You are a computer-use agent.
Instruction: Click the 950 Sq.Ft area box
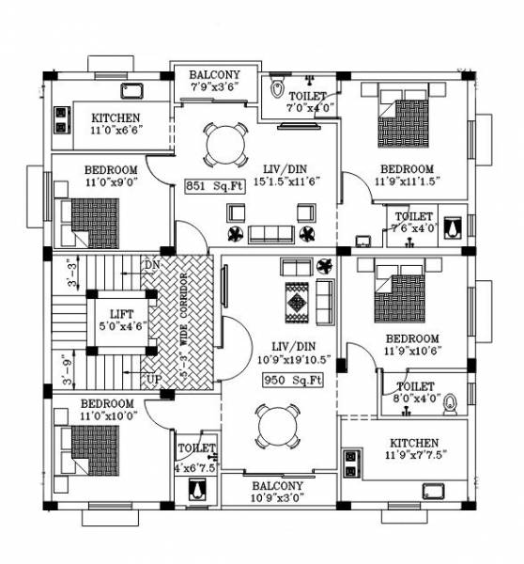[292, 381]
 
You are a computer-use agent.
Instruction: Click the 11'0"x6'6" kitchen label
[116, 124]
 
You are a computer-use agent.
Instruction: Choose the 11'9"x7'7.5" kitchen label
[413, 448]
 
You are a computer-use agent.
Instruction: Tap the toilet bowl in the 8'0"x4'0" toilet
[451, 404]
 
